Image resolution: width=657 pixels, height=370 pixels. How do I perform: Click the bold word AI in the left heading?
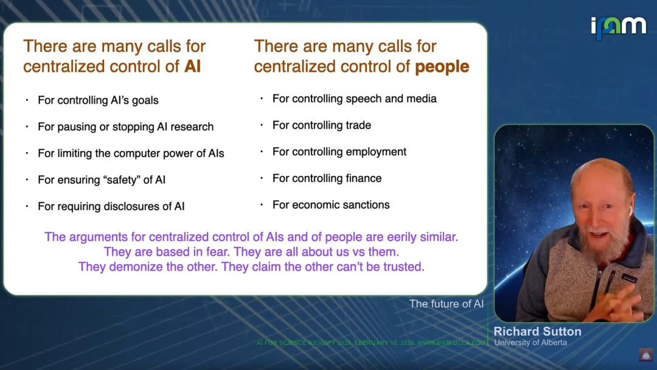192,66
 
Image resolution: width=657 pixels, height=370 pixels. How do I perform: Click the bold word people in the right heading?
442,67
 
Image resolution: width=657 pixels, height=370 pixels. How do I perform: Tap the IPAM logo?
619,27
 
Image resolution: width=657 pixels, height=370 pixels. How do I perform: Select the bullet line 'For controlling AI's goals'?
98,100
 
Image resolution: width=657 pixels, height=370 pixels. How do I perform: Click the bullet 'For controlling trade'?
322,125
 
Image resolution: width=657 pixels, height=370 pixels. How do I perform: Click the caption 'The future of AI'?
447,304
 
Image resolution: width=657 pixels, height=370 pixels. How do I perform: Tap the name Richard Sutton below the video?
538,332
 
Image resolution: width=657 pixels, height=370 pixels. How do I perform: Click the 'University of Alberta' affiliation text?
530,343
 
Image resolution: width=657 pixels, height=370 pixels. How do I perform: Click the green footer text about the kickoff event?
370,343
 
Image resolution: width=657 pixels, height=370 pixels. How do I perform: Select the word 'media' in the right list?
420,99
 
